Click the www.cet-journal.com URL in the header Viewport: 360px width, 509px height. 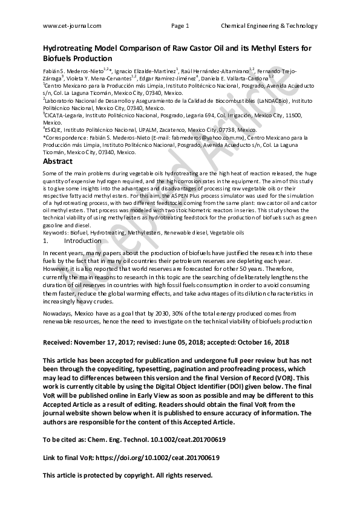tap(72, 26)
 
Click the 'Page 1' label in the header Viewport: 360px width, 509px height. tap(180, 26)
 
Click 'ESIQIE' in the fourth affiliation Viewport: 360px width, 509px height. tap(55, 130)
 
